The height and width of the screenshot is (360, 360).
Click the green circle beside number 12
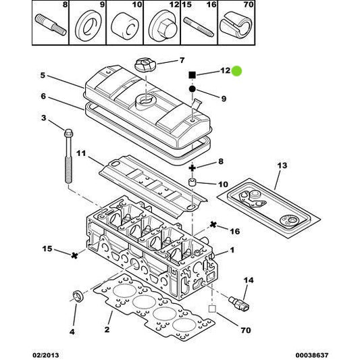coord(236,71)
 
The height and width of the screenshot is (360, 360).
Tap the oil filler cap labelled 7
coord(146,64)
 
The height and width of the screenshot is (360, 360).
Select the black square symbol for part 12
coord(192,75)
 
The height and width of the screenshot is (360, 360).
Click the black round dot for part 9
coord(192,89)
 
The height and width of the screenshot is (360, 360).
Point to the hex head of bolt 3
coord(68,132)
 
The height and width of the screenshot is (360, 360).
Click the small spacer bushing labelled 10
coord(192,183)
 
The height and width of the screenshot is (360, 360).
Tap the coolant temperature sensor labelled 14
coord(239,303)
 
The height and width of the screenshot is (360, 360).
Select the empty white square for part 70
coord(212,309)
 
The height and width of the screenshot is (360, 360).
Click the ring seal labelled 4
coord(78,297)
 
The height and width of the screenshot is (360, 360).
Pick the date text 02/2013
coord(46,355)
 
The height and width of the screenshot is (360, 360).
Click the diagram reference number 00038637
coord(312,355)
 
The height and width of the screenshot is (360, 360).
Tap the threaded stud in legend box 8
coord(51,25)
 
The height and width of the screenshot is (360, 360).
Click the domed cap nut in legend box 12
coord(163,26)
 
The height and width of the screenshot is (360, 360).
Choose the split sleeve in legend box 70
coord(236,25)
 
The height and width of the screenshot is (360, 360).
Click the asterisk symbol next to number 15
coord(74,255)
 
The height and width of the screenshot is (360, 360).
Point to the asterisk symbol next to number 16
coord(213,224)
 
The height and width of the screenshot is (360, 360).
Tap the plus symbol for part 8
coord(192,168)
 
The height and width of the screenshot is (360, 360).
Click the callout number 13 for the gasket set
coord(282,165)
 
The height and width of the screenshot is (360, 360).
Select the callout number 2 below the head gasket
coord(107,330)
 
